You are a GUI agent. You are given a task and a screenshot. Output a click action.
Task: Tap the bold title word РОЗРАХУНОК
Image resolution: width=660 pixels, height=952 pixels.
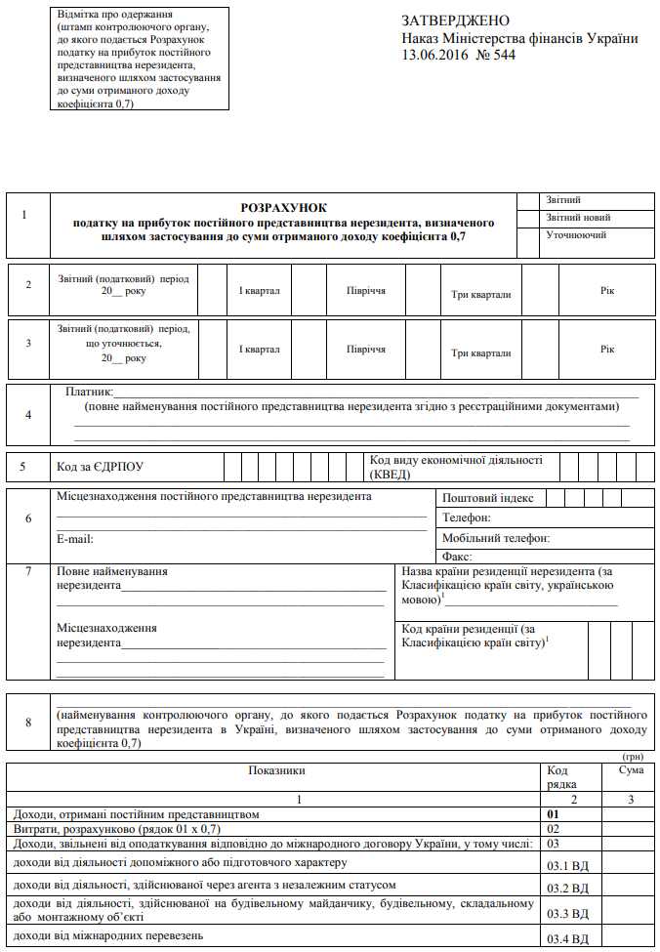[284, 208]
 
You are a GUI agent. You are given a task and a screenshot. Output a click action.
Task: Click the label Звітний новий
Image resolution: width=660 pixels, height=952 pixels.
[579, 218]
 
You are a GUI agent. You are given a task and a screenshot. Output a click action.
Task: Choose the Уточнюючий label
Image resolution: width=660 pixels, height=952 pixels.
[576, 235]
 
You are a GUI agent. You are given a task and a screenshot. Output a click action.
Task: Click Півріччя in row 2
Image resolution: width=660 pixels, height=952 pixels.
[365, 291]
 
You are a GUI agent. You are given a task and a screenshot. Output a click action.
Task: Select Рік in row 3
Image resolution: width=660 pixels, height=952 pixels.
[608, 349]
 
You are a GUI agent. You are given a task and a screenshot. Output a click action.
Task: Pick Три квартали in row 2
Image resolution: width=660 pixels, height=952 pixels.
[481, 294]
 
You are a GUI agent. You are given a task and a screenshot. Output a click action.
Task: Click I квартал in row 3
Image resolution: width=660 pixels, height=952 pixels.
[260, 349]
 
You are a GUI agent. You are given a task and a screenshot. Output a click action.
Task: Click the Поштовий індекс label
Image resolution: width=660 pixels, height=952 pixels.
[488, 499]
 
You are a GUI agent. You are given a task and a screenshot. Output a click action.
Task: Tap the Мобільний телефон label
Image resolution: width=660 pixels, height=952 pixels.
[496, 538]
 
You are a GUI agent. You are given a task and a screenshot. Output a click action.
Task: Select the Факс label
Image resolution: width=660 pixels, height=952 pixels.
[457, 557]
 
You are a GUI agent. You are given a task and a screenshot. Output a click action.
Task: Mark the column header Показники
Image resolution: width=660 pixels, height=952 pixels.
[277, 771]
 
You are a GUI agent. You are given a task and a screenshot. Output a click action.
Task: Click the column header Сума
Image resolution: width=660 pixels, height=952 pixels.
[631, 771]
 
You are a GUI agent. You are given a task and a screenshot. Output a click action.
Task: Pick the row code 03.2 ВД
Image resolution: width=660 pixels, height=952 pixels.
[568, 889]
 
